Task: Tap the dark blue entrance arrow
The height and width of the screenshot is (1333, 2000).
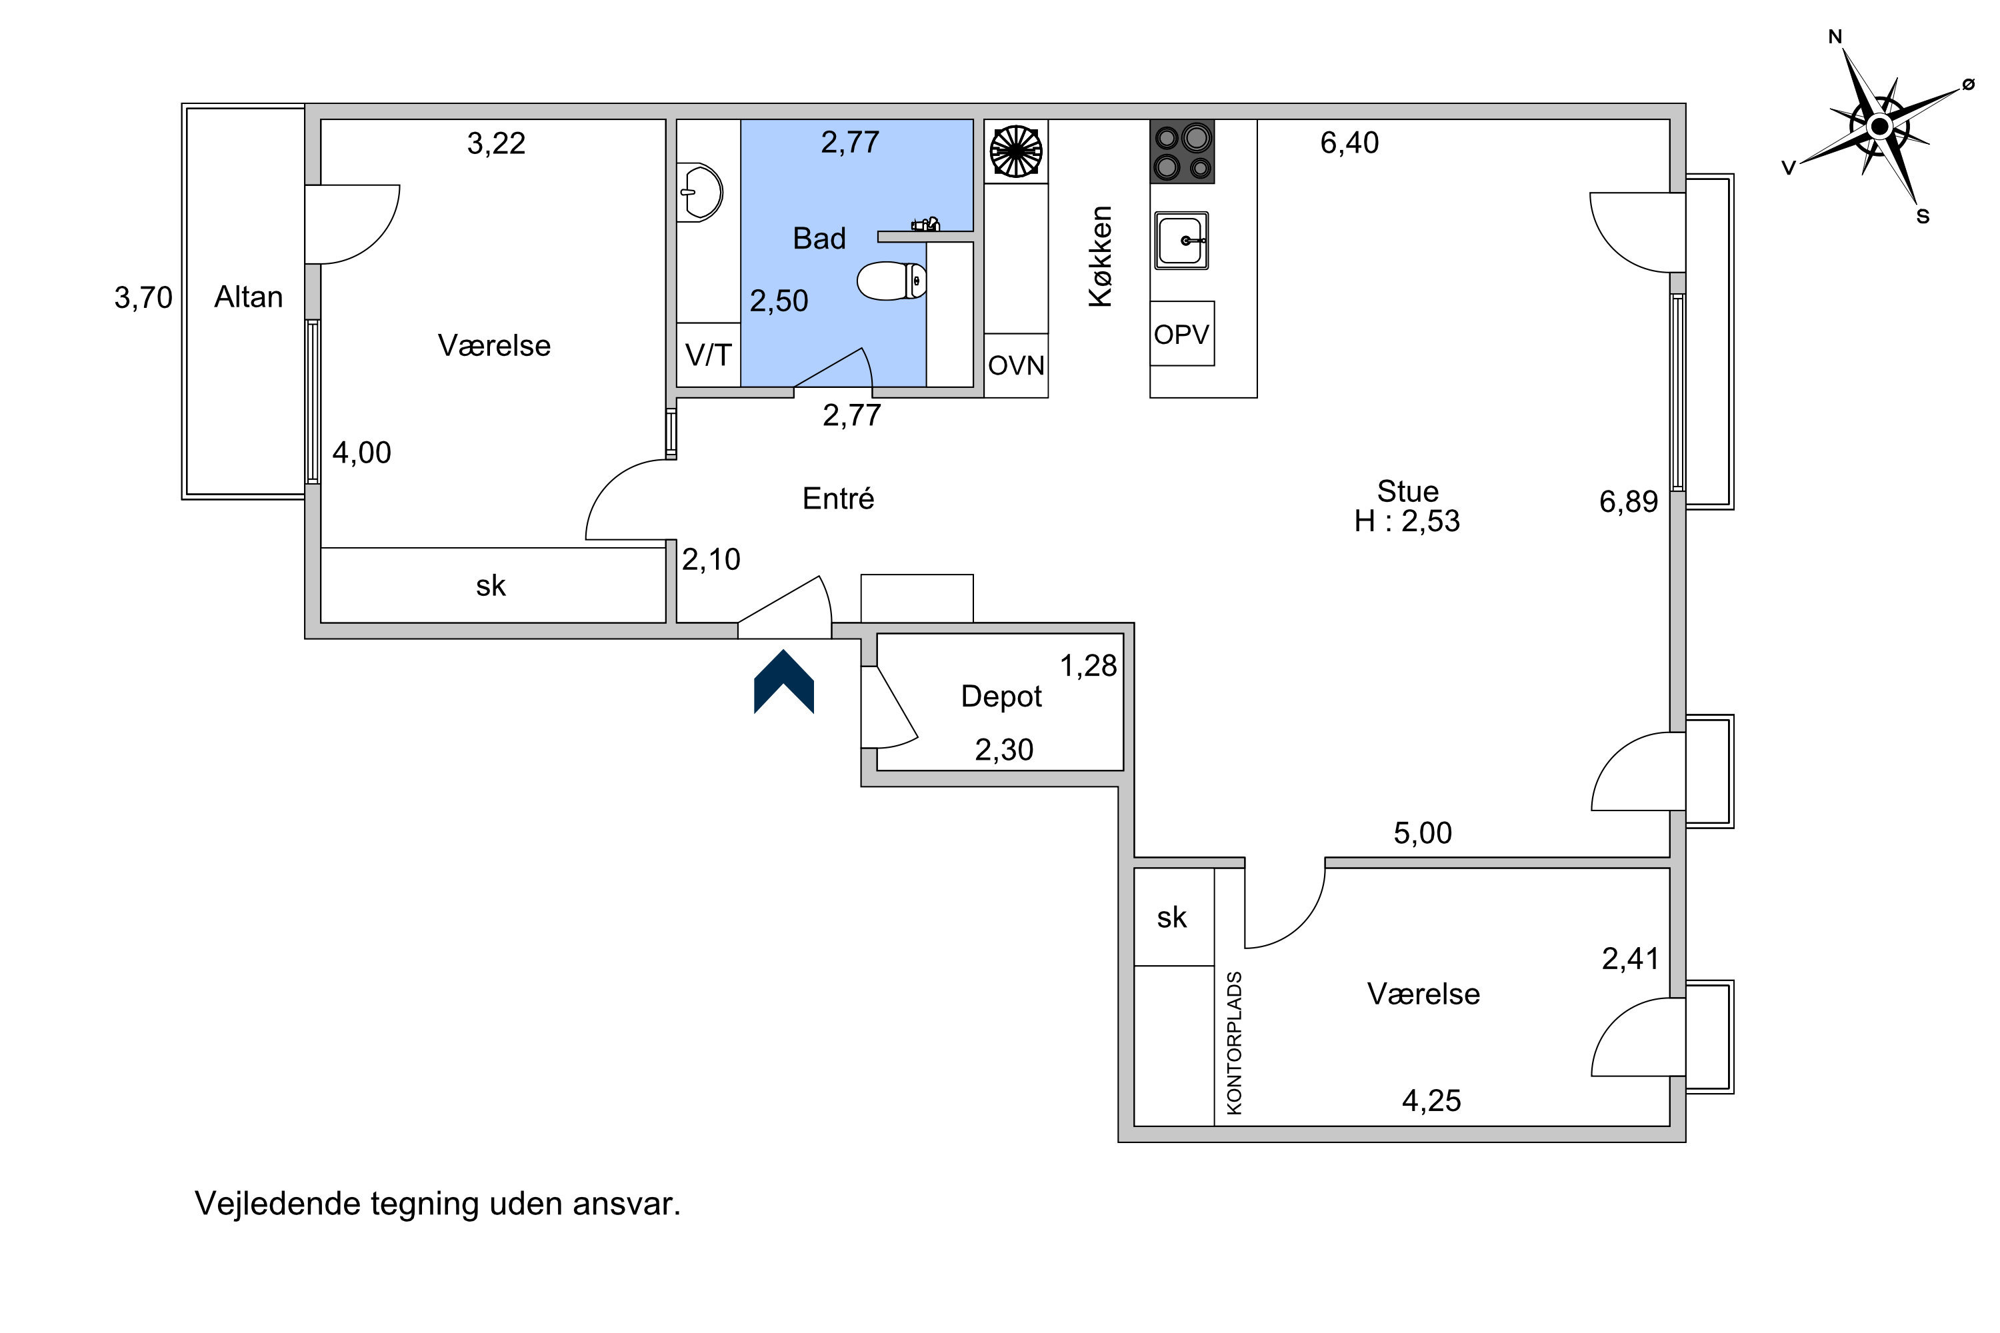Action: tap(784, 681)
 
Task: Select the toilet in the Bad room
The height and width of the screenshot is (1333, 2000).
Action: tap(891, 281)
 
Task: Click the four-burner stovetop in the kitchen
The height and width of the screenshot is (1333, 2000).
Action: tap(1182, 151)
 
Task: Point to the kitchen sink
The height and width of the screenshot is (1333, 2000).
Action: tap(1181, 241)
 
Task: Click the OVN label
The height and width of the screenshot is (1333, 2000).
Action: tap(1016, 365)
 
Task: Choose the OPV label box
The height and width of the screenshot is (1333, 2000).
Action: tap(1182, 333)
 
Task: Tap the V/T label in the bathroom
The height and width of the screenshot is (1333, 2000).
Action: tap(708, 355)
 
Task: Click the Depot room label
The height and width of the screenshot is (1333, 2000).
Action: tap(1001, 696)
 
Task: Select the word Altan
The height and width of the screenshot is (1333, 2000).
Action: tap(248, 297)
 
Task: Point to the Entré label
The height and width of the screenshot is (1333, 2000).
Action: tap(839, 498)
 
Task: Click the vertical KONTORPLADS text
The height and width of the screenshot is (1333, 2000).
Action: tap(1235, 1042)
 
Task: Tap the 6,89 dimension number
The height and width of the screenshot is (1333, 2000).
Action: tap(1629, 502)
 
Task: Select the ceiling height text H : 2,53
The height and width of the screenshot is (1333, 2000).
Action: tap(1407, 521)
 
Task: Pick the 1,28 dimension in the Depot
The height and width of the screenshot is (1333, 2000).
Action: tap(1089, 666)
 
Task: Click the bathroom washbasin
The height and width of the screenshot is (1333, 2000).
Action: tap(700, 192)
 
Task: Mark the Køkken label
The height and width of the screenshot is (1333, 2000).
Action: tap(1101, 256)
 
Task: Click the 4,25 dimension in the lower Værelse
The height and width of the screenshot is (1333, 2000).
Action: tap(1431, 1101)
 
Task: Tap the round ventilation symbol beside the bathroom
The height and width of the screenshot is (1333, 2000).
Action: tap(1016, 151)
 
